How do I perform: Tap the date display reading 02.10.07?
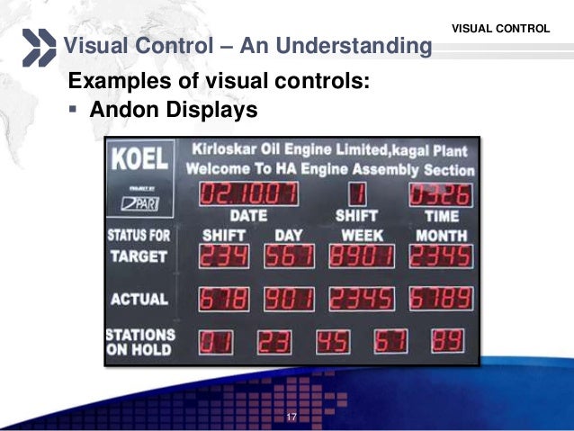[x=248, y=193]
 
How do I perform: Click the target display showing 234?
[x=223, y=257]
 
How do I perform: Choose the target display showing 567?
[x=289, y=257]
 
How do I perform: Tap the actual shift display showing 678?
[x=223, y=299]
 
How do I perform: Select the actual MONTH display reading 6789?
[x=439, y=299]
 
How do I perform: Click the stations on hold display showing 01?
[x=216, y=341]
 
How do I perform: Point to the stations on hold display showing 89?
[x=449, y=341]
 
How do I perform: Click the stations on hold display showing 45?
[x=333, y=341]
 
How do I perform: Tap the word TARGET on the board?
[x=139, y=256]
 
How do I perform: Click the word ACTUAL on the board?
[x=139, y=299]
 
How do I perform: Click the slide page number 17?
[x=291, y=417]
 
